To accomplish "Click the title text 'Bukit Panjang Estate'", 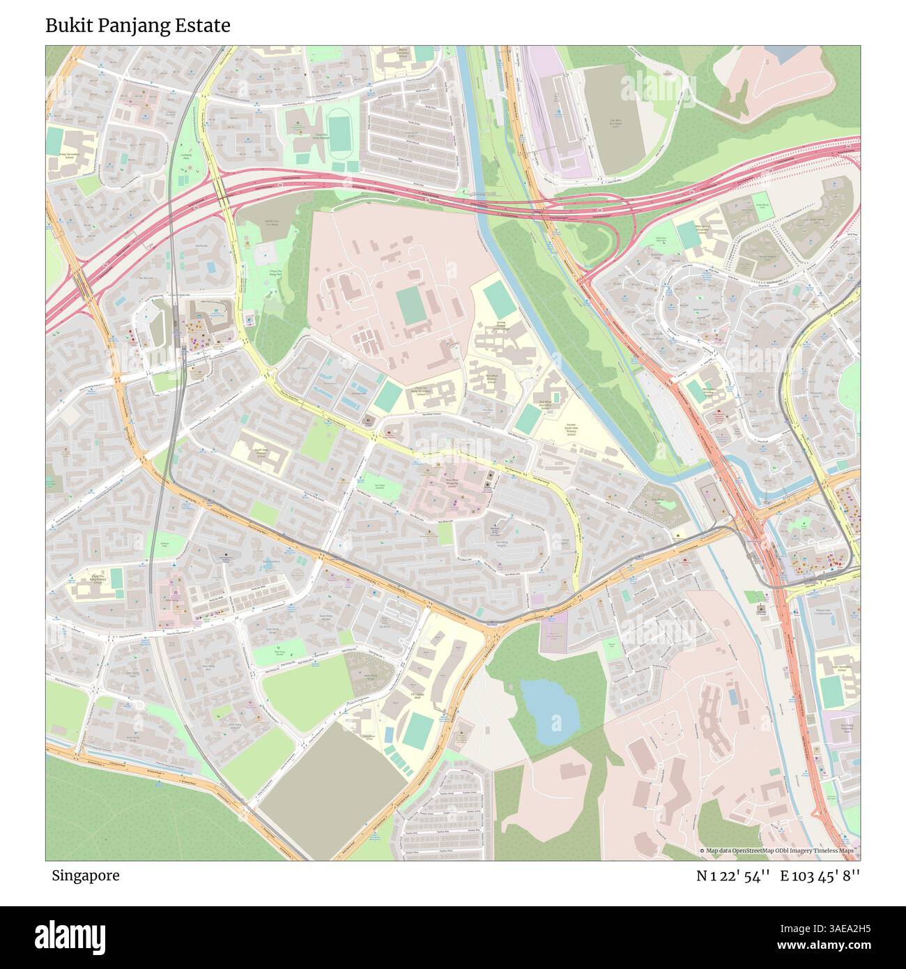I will point(138,26).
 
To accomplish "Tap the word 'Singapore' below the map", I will point(85,876).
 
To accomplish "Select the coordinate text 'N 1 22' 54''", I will point(733,876).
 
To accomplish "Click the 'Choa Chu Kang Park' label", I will point(268,275).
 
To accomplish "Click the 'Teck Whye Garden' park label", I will point(380,487).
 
